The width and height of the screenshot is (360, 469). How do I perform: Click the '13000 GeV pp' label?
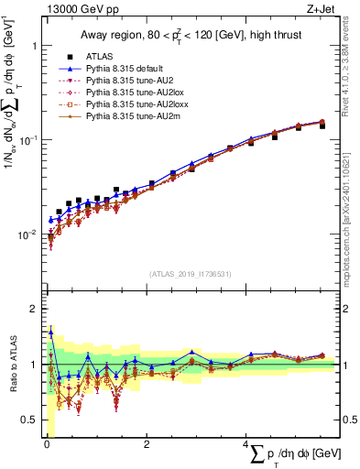pos(74,9)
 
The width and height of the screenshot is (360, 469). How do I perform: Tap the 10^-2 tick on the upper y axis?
pos(27,235)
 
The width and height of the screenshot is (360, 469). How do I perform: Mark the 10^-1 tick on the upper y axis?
pos(27,140)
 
